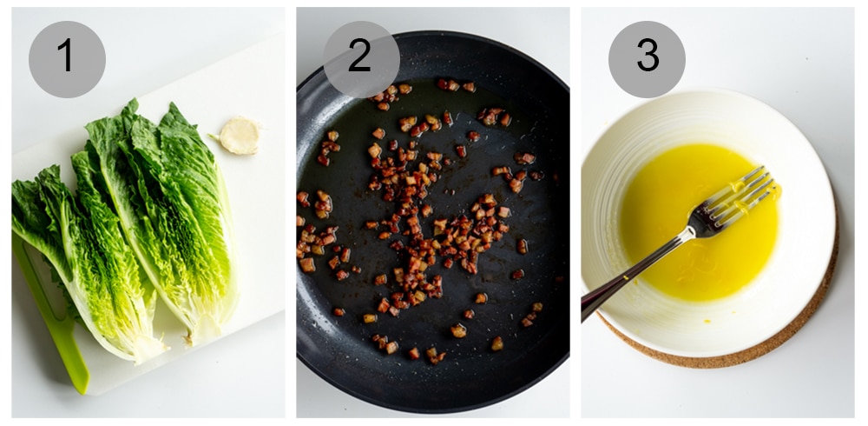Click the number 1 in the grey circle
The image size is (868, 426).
[x=66, y=57]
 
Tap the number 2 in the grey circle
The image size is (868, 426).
[x=360, y=57]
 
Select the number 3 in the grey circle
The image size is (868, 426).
[x=647, y=57]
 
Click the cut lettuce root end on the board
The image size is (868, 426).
[x=240, y=136]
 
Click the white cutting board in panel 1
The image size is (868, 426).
[x=252, y=261]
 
